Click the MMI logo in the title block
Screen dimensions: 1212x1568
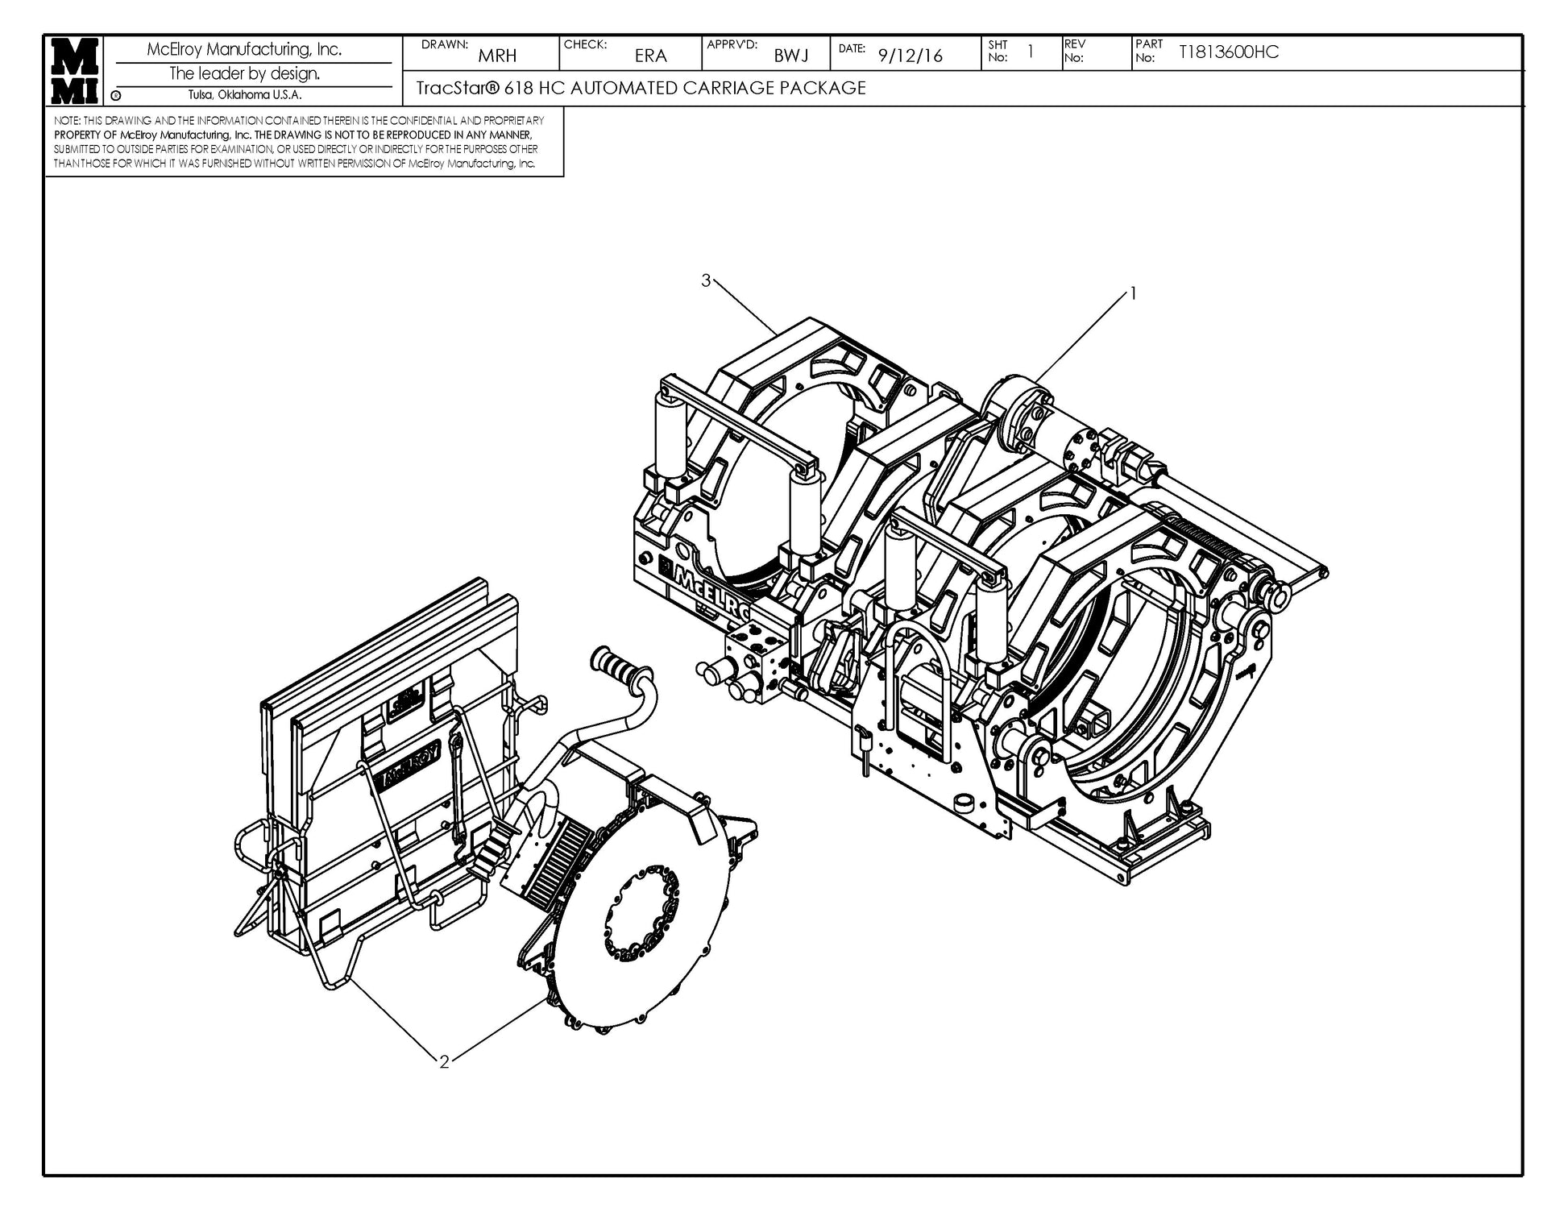point(75,70)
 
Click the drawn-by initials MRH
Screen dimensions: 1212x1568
point(497,56)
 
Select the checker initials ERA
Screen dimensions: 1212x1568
point(650,56)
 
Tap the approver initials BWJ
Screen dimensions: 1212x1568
point(791,56)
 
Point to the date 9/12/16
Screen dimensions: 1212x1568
point(910,56)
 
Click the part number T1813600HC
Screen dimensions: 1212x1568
point(1228,52)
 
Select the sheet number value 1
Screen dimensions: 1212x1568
point(1030,52)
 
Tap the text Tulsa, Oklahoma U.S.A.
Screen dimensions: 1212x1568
point(245,95)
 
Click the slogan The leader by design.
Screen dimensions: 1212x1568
point(244,73)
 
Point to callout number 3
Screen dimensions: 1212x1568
point(706,280)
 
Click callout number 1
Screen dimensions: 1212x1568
point(1133,294)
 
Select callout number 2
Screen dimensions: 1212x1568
point(443,1061)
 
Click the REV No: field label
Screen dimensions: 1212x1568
point(1074,51)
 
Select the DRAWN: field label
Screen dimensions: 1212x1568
point(444,44)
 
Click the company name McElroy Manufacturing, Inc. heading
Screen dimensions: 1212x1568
point(244,50)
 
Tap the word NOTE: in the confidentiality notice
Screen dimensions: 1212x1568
point(67,120)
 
